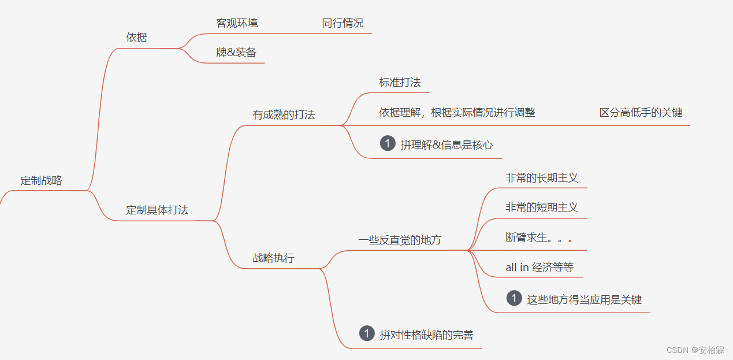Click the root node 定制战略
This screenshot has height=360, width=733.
point(41,180)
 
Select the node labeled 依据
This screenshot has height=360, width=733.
point(136,38)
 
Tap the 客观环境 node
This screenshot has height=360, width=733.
point(237,23)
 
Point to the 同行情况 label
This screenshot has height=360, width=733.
point(343,23)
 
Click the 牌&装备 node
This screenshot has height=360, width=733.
point(236,53)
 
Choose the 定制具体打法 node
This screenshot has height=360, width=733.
point(157,210)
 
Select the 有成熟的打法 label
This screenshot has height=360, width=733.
point(284,114)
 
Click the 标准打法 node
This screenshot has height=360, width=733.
point(400,82)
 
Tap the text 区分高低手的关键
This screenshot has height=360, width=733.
point(641,113)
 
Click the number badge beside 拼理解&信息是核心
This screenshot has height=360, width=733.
point(388,143)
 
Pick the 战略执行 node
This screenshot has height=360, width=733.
point(273,258)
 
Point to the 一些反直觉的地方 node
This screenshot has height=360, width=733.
point(399,240)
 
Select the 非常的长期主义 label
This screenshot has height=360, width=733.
point(542,178)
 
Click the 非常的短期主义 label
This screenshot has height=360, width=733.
point(542,207)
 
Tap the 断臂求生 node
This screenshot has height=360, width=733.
point(538,237)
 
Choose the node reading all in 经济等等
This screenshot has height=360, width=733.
point(539,268)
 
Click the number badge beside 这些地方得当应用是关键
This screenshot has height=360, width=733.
point(514,298)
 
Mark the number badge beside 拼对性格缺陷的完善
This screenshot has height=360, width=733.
point(367,333)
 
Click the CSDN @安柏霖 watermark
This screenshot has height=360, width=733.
point(695,350)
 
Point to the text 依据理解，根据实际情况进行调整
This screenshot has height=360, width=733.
point(457,113)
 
